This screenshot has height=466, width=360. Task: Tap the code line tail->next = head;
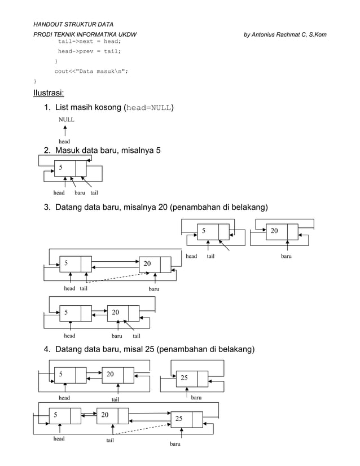(89, 42)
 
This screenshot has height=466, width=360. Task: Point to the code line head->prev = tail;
(89, 51)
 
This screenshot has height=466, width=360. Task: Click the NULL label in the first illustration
(66, 120)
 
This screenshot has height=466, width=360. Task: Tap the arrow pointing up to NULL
(65, 131)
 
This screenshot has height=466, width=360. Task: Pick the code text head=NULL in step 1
(148, 107)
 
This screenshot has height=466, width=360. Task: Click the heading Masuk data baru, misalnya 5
(108, 151)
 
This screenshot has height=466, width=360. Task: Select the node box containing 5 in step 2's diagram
(70, 168)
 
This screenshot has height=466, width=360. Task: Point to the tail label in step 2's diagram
(95, 193)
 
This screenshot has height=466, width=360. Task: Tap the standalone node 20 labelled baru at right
(282, 231)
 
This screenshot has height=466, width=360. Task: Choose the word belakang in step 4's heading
(233, 350)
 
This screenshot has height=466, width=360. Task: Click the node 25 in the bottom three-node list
(187, 419)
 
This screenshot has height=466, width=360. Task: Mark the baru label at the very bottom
(175, 445)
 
